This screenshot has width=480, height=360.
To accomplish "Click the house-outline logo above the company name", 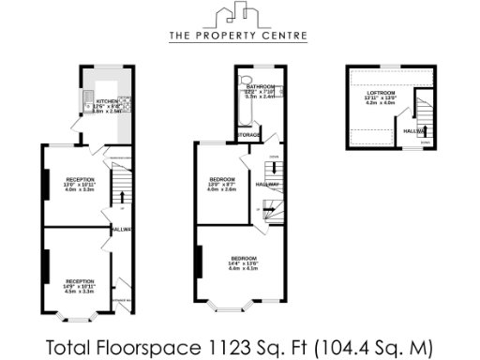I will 239,16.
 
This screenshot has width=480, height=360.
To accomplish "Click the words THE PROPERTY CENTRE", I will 239,37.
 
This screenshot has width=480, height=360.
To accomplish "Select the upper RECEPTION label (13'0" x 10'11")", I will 80,178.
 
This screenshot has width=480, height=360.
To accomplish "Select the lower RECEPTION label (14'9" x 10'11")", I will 80,281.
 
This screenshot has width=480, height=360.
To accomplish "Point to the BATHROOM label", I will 260,85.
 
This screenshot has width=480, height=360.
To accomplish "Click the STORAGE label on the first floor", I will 248,135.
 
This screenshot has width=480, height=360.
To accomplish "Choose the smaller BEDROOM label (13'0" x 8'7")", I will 222,178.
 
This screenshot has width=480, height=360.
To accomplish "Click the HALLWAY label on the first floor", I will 268,185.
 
